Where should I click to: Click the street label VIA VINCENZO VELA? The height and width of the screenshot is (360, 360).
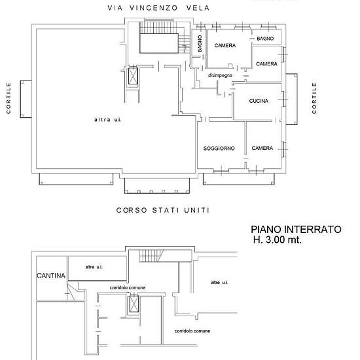158,8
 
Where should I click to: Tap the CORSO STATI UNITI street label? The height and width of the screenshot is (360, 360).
163,210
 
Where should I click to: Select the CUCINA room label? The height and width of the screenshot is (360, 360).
259,101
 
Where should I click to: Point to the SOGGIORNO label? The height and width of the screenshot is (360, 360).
219,149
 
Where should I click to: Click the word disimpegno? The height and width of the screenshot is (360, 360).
220,75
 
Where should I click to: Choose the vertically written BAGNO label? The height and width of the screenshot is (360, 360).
200,43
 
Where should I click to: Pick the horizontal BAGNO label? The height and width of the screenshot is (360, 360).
265,39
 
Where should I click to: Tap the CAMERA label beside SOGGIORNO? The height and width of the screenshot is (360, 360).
262,148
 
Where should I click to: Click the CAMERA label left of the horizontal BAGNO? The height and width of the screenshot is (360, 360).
225,45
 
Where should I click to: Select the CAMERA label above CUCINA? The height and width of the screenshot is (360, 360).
266,64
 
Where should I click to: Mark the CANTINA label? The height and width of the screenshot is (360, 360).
51,276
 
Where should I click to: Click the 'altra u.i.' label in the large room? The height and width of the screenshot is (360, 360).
108,120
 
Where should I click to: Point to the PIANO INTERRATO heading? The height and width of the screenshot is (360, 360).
296,229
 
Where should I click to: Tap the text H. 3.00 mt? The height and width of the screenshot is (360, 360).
277,240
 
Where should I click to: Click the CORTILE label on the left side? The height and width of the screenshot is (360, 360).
9,98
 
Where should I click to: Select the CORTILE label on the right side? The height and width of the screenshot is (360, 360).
314,98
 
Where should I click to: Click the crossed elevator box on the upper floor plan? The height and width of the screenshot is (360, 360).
133,76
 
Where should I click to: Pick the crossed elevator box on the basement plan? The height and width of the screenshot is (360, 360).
134,304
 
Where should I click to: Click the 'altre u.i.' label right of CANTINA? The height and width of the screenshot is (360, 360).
94,267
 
